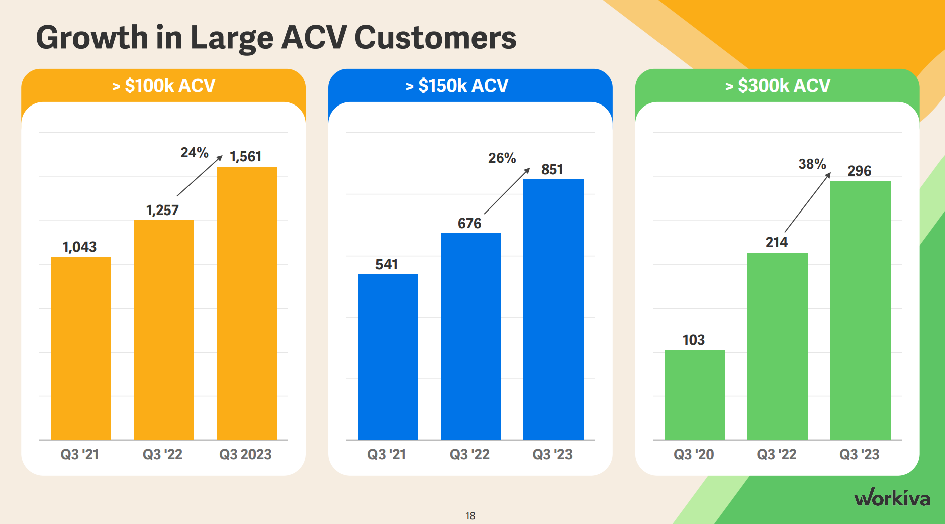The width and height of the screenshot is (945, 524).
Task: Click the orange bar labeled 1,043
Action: pyautogui.click(x=80, y=348)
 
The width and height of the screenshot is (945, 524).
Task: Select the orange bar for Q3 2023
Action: pyautogui.click(x=246, y=303)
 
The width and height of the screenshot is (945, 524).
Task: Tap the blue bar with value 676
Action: pyautogui.click(x=470, y=336)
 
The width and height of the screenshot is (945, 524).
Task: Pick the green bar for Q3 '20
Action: pyautogui.click(x=695, y=394)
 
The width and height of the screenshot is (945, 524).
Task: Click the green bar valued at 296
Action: pyautogui.click(x=860, y=310)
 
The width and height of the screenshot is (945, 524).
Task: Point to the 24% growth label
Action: pyautogui.click(x=195, y=152)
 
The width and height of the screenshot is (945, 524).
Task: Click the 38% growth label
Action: pyautogui.click(x=812, y=164)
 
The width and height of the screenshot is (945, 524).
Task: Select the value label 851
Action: pyautogui.click(x=552, y=169)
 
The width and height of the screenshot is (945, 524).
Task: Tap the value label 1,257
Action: pyautogui.click(x=162, y=210)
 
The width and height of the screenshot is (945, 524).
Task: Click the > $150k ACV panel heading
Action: pyautogui.click(x=457, y=85)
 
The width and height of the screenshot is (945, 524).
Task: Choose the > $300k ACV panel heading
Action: pyautogui.click(x=778, y=85)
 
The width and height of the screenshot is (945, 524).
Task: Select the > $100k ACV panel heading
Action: pyautogui.click(x=163, y=85)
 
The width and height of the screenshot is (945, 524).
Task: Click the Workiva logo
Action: pyautogui.click(x=892, y=498)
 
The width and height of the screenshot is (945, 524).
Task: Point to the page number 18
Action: pyautogui.click(x=470, y=516)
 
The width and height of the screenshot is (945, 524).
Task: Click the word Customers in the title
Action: pyautogui.click(x=435, y=38)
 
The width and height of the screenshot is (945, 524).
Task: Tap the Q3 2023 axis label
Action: pyautogui.click(x=245, y=454)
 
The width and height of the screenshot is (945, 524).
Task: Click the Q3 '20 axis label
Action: pyautogui.click(x=694, y=454)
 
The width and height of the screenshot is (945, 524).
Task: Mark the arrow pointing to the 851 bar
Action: pyautogui.click(x=507, y=191)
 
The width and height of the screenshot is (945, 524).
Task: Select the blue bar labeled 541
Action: pyautogui.click(x=388, y=357)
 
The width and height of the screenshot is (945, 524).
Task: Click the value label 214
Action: pyautogui.click(x=776, y=242)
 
